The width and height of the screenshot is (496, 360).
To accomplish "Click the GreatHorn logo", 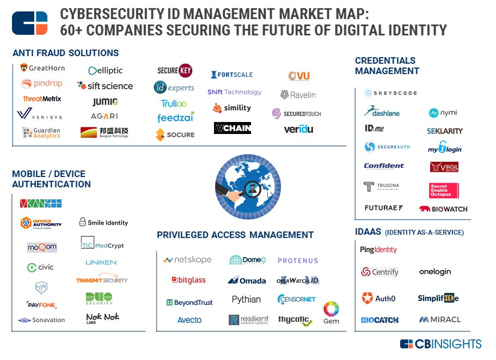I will pyautogui.click(x=42, y=68).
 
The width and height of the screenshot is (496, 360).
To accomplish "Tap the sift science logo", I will pyautogui.click(x=105, y=86).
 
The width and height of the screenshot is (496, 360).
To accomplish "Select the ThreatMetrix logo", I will pyautogui.click(x=42, y=99).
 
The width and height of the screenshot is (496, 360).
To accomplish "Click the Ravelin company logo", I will pyautogui.click(x=298, y=95).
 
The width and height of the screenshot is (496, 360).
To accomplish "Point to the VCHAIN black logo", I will pyautogui.click(x=232, y=128).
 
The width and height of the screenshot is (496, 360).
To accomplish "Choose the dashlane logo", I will pyautogui.click(x=382, y=112).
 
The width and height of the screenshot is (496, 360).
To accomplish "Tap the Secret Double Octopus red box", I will pyautogui.click(x=444, y=190).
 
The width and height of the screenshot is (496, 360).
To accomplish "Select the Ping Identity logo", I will pyautogui.click(x=378, y=249).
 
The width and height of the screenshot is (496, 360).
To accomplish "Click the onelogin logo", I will pyautogui.click(x=435, y=271).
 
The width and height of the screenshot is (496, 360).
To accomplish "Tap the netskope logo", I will pyautogui.click(x=188, y=260).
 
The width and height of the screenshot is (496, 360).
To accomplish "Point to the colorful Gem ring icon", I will pyautogui.click(x=331, y=309).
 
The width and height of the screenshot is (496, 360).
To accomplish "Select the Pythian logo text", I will pyautogui.click(x=246, y=300).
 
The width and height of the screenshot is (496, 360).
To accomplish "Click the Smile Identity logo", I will pyautogui.click(x=103, y=222).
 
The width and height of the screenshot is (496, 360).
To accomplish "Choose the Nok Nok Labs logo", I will pyautogui.click(x=102, y=318).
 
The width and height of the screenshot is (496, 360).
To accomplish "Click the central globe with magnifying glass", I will pyautogui.click(x=248, y=187).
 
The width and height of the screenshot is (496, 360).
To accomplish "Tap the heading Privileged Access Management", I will pyautogui.click(x=235, y=235).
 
